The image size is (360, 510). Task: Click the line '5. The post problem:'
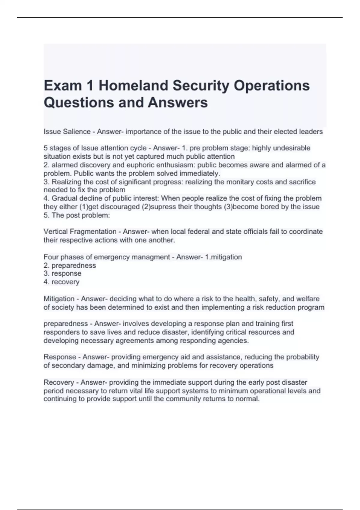coord(77,215)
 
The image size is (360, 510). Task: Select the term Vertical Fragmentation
coord(80,232)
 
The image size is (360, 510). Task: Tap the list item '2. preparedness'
coord(70,265)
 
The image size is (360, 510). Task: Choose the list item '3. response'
coord(62,273)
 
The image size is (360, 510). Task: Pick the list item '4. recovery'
coord(61,282)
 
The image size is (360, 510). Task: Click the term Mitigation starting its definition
coord(59,299)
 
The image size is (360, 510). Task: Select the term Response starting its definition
coord(60,357)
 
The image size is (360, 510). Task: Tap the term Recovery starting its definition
coord(58,382)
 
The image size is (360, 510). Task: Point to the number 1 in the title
coord(90,85)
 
